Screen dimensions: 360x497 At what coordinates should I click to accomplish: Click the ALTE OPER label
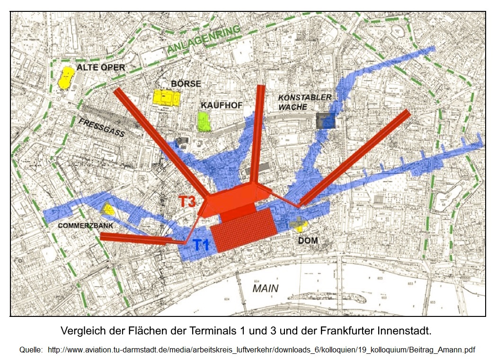101,67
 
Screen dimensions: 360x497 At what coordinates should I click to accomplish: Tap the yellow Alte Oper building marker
66,77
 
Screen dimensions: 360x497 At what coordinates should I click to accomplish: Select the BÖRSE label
186,83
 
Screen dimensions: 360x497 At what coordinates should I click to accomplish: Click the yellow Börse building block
166,98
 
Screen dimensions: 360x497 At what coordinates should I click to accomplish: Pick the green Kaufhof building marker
204,121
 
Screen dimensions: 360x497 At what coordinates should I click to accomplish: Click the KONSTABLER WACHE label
304,102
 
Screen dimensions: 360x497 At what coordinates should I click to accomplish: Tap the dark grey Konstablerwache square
325,121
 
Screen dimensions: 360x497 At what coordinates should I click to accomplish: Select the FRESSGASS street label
102,127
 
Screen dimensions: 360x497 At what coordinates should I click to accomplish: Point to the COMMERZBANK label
85,226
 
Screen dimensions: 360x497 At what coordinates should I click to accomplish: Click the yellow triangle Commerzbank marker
107,209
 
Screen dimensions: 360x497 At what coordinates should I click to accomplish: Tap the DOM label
308,241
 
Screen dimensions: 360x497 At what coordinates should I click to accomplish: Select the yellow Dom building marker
299,224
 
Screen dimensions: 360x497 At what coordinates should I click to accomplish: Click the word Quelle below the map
31,350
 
